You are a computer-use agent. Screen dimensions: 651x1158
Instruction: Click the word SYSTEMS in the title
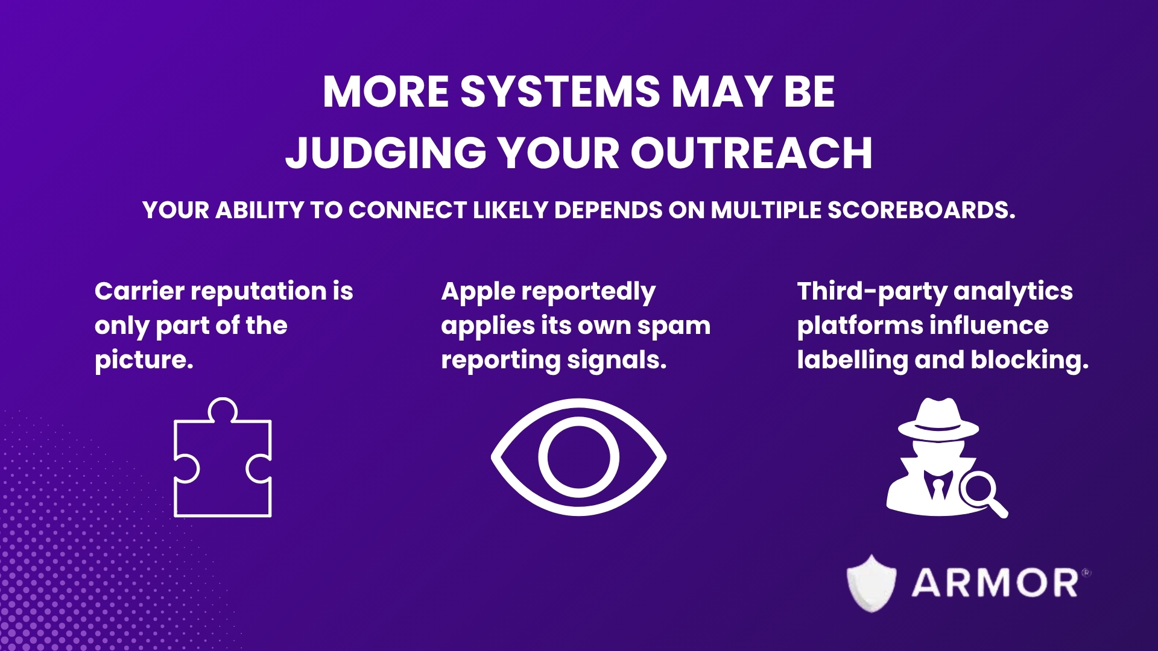tap(560, 92)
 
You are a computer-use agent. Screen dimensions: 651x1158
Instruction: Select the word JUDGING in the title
tap(386, 153)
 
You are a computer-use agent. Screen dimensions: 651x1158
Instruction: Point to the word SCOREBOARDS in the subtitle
tap(921, 210)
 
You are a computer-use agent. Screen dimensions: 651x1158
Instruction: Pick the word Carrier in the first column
tap(139, 291)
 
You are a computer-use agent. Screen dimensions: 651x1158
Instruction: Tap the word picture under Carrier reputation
tap(144, 360)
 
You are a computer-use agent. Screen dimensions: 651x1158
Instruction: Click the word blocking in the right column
tap(1029, 360)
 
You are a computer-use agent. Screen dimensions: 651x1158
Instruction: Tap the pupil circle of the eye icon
tap(578, 458)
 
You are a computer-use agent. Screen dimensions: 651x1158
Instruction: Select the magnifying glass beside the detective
tap(980, 491)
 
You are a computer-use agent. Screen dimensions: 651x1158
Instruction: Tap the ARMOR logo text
tap(995, 583)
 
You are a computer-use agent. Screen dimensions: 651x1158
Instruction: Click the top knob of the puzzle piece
tap(223, 409)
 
